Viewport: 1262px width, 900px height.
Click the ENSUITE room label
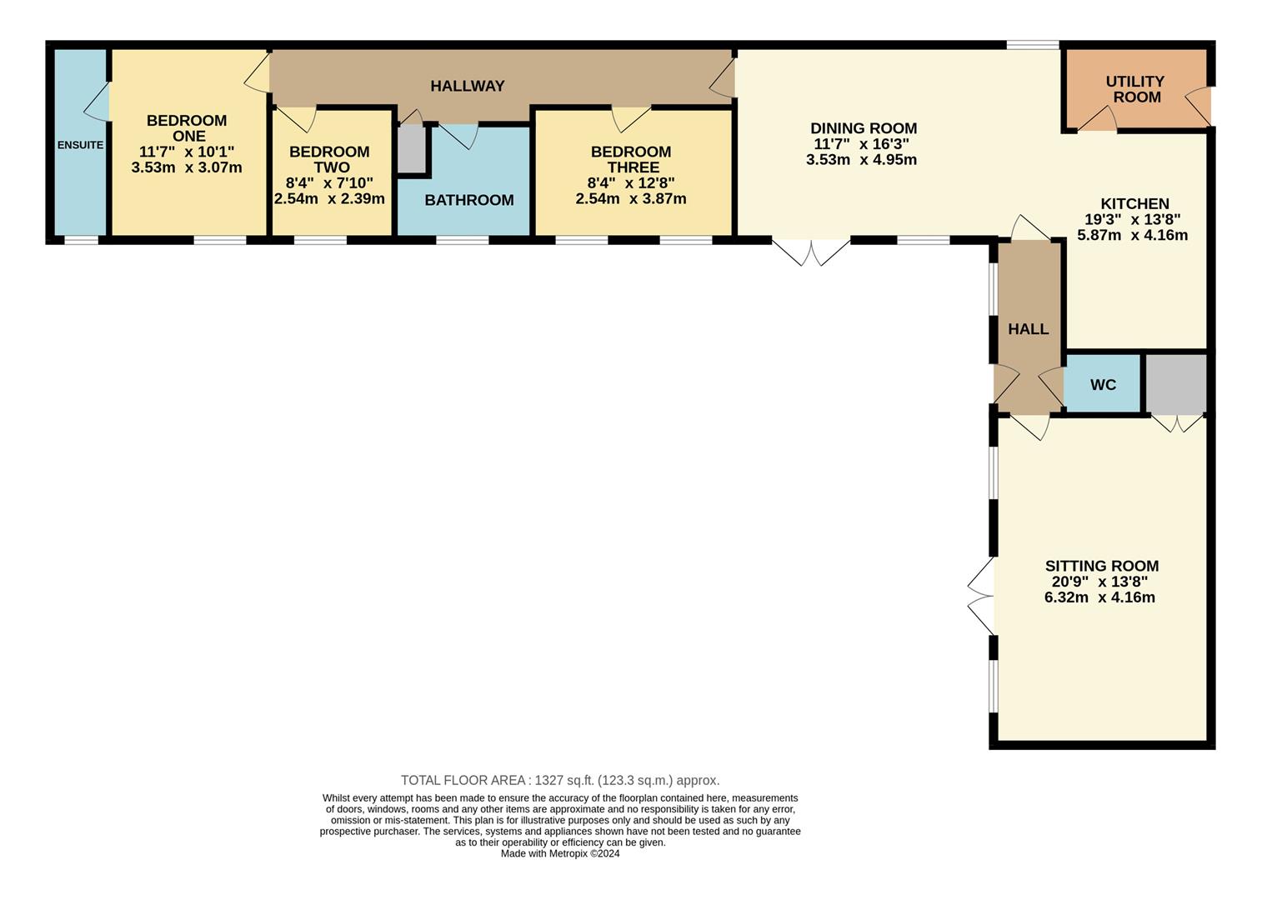coord(80,145)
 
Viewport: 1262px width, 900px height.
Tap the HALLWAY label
coord(467,86)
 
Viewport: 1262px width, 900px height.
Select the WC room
coord(1102,384)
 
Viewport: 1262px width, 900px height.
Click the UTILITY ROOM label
coord(1134,89)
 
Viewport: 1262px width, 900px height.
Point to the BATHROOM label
coord(468,200)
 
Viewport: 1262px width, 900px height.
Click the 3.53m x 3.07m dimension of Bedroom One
coord(187,167)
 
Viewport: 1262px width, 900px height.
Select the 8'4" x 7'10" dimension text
coord(329,183)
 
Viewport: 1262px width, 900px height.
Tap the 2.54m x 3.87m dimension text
coord(630,199)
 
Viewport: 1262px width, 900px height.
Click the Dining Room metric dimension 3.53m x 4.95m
coord(861,159)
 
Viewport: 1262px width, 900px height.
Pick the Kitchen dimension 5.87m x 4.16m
coord(1133,235)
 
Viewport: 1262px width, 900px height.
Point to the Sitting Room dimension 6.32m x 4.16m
coord(1099,597)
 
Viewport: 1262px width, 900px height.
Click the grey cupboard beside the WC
coord(1176,384)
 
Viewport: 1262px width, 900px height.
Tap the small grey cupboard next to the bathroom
coord(412,148)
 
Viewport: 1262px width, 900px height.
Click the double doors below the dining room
coord(811,252)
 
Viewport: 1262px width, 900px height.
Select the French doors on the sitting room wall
coord(981,597)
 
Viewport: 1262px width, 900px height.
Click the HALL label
coord(1029,329)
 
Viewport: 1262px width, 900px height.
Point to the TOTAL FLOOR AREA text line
coord(560,780)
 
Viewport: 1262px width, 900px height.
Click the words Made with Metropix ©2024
coord(560,853)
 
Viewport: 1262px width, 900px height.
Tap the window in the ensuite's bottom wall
coord(81,240)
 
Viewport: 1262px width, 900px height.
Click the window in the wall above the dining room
coord(1033,44)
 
